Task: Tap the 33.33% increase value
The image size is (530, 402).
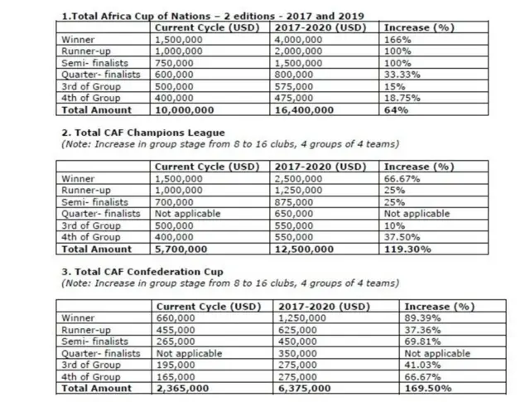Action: tap(404, 75)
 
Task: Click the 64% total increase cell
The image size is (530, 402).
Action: tap(396, 109)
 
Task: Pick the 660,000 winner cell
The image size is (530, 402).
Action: tap(176, 318)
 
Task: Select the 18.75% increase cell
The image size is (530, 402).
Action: tap(404, 98)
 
